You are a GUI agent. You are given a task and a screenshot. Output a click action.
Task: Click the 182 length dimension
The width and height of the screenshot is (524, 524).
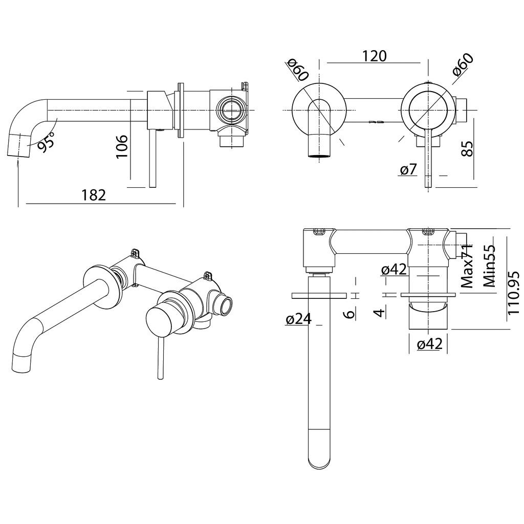click(94, 195)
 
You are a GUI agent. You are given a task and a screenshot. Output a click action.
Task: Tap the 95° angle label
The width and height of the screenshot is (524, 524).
click(46, 141)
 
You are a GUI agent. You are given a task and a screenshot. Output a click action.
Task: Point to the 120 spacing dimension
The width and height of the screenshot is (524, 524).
click(374, 56)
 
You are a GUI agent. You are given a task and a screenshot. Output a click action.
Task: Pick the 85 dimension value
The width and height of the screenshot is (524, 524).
click(467, 149)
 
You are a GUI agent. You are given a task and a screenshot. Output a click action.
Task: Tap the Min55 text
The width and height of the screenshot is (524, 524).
click(489, 266)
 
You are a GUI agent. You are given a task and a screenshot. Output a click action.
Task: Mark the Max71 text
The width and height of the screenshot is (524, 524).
click(467, 266)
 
